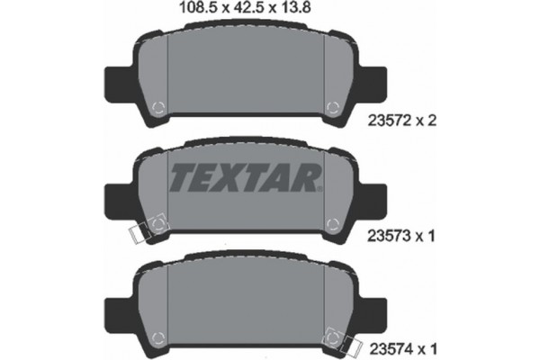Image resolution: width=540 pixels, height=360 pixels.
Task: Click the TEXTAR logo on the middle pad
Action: coord(244,178)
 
